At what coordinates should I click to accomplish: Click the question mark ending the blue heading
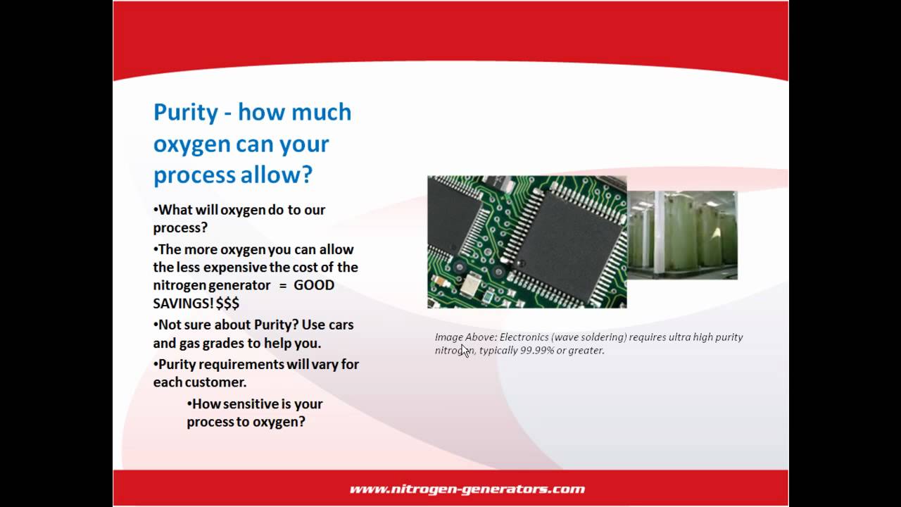pos(306,175)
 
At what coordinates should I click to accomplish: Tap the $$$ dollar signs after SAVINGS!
pos(227,303)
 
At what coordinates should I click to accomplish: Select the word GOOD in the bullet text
pos(314,285)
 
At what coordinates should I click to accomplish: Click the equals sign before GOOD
pos(282,285)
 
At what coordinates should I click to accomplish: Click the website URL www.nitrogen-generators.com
pos(467,489)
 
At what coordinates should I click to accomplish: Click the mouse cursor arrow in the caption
pos(465,351)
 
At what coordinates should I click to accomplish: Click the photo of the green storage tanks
pos(681,235)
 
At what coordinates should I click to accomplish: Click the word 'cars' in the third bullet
pos(341,325)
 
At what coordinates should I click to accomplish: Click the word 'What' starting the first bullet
pos(173,209)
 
